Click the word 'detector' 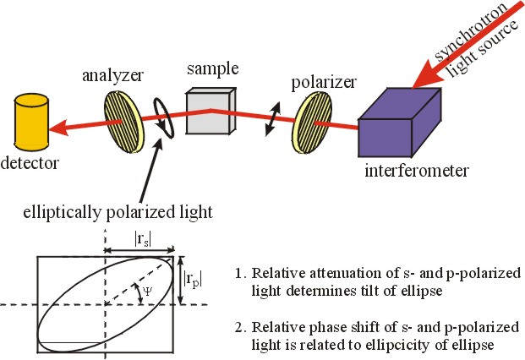pos(32,161)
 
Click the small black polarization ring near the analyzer pos(164,118)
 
